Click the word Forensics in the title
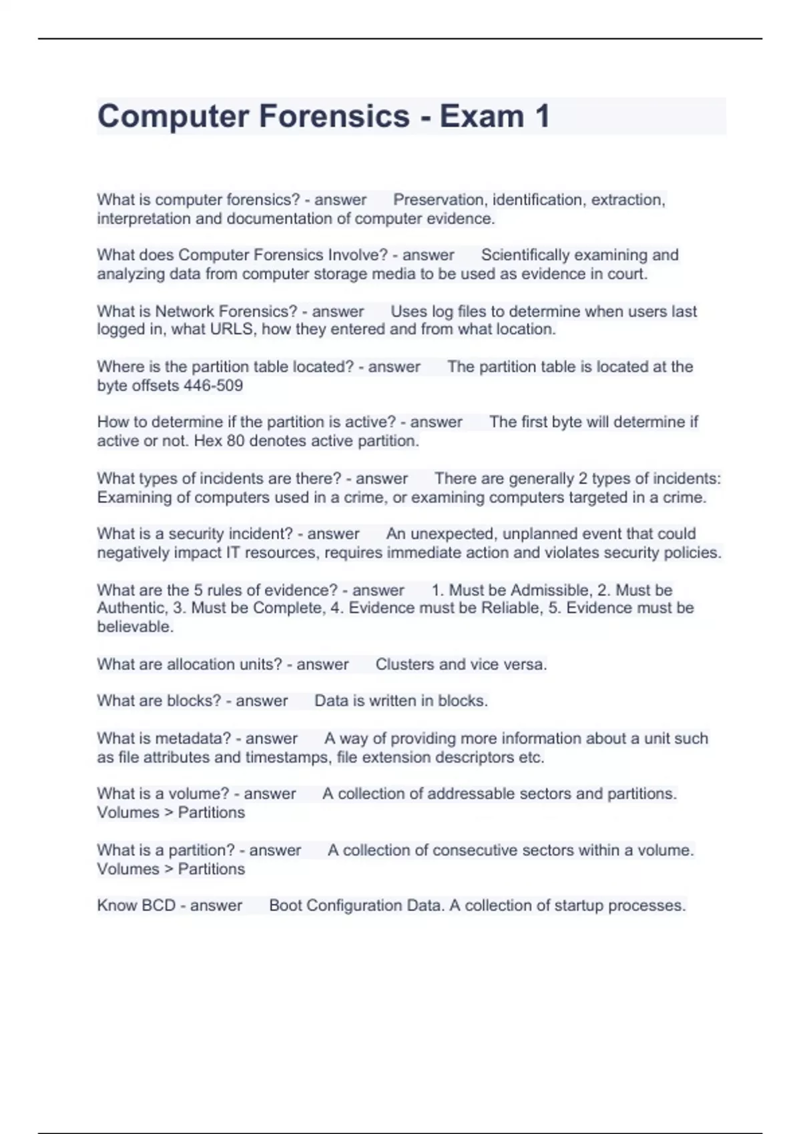[334, 116]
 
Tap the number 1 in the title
[541, 116]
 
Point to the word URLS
[232, 330]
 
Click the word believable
[135, 627]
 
